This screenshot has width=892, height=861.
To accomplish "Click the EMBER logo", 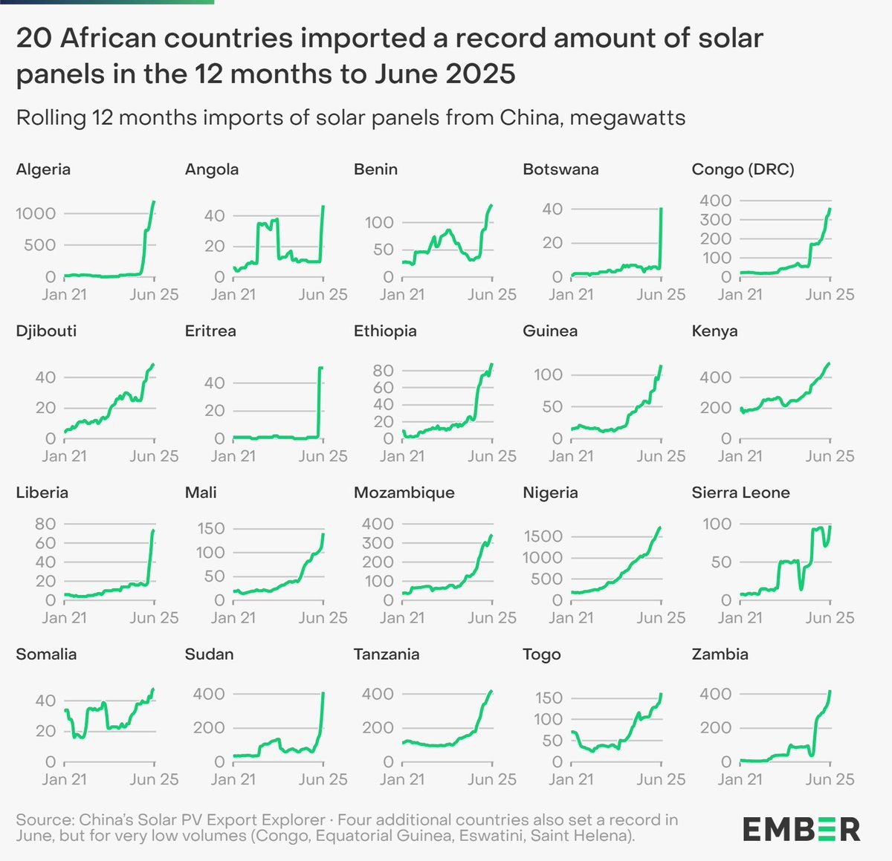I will point(801,829).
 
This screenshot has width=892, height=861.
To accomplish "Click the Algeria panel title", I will point(43,169).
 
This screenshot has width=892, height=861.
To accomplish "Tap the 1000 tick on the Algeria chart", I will point(36,214).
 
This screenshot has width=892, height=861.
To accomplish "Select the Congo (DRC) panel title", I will point(743,169).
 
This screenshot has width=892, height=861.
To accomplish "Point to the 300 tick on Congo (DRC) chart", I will point(715,220).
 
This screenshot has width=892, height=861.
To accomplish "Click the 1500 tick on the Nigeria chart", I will point(542,536).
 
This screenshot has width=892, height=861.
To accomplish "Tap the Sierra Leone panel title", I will point(740,493).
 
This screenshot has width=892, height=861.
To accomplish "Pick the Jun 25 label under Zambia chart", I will point(830,779).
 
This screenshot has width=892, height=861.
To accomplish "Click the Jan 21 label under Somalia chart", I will point(65,779).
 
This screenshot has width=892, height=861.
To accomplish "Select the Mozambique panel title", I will point(404,493).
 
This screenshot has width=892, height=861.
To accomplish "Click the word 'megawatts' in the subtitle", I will point(627,118).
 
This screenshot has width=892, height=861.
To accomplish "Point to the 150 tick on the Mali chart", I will point(210,528).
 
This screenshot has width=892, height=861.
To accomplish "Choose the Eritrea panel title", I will point(210,331).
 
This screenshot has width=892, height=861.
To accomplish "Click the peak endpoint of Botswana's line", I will point(661,209).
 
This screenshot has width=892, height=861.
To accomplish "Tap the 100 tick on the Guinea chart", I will point(548,374).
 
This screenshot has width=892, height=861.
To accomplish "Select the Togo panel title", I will point(541,654).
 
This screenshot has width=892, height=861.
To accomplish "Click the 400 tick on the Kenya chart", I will point(715,377).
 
